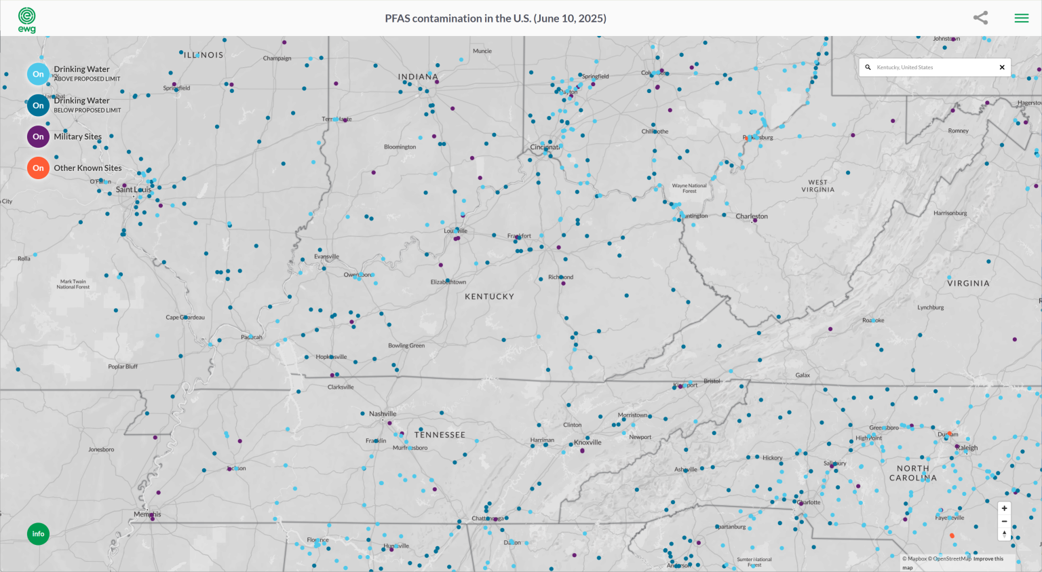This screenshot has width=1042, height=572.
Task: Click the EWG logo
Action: coord(26,19)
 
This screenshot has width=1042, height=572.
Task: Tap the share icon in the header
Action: coord(980,18)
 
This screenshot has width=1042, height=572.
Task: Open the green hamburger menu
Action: coord(1021,18)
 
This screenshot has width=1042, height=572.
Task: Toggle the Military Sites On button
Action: coord(38,136)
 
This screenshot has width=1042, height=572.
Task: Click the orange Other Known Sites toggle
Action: coord(38,168)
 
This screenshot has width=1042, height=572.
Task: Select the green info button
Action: coord(38,534)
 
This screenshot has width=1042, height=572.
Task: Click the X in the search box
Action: coord(1002,68)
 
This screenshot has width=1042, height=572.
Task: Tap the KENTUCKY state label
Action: coord(489,297)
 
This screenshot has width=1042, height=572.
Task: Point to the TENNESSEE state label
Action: coord(440,435)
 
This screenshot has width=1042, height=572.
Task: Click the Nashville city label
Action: coord(383,414)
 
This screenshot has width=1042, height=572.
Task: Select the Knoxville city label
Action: coord(587,442)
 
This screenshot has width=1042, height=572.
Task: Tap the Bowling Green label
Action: coord(406,345)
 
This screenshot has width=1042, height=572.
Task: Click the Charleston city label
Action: coord(752,216)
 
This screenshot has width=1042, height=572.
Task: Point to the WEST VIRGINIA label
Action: coord(817,186)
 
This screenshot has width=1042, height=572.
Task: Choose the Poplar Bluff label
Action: coord(123,366)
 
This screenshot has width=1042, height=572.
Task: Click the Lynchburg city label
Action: coord(930,307)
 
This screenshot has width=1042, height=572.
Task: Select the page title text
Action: coord(495,18)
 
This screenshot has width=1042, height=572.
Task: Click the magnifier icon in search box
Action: coord(868,68)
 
